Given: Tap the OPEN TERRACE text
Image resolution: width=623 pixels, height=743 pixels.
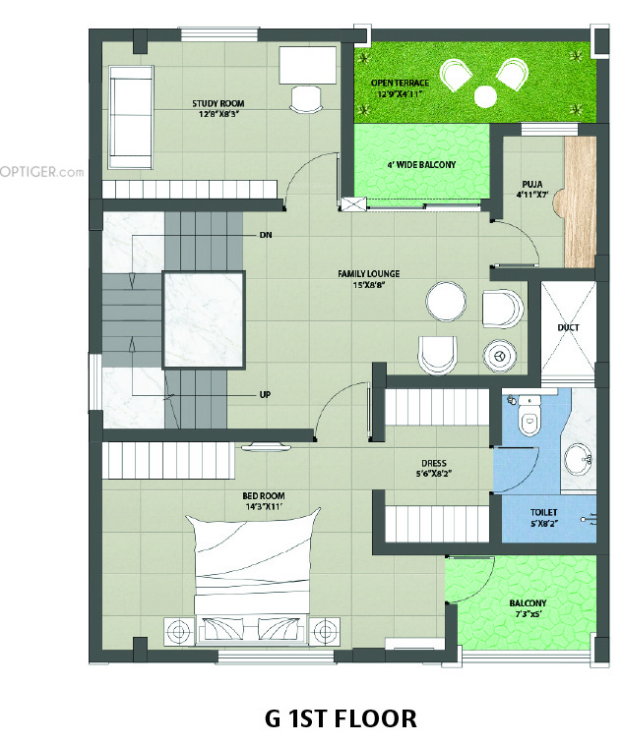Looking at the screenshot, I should [400, 84].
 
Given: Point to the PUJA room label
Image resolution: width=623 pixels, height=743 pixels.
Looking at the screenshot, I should [534, 183].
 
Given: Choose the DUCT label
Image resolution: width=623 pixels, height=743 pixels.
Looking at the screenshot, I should [568, 325].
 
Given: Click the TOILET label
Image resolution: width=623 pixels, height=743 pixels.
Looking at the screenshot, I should [544, 512].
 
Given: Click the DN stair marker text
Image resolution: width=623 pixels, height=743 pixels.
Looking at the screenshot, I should [266, 236].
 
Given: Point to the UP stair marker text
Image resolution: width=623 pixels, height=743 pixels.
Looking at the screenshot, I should [265, 395].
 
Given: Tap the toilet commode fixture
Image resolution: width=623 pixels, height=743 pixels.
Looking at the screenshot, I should [530, 421].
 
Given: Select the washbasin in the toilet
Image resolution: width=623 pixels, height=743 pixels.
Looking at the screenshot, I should [580, 457].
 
